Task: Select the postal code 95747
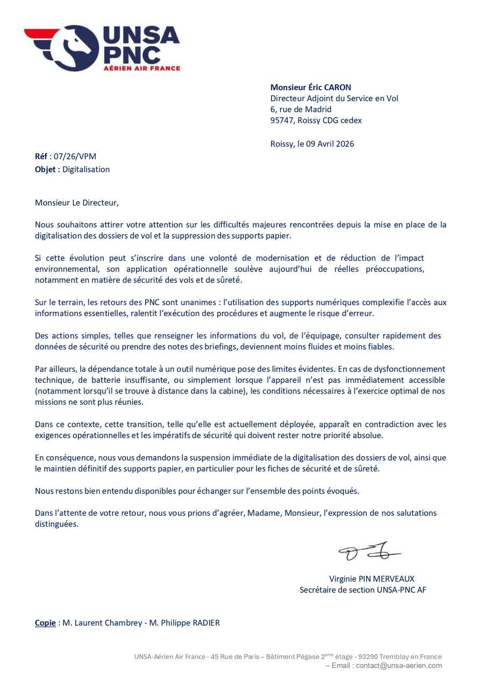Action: point(282,120)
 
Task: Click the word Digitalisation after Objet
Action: point(86,169)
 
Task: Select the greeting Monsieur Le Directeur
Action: point(76,203)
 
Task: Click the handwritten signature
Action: point(369,551)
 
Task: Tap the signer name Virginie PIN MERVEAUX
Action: point(372,579)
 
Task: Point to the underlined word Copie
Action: point(45,623)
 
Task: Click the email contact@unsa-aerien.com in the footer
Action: point(399,665)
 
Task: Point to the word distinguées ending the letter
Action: point(56,524)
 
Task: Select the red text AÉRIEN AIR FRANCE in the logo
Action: point(141,68)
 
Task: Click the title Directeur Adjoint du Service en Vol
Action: point(334,98)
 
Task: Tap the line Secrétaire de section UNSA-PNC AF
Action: point(363,590)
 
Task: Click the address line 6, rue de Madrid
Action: point(300,109)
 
